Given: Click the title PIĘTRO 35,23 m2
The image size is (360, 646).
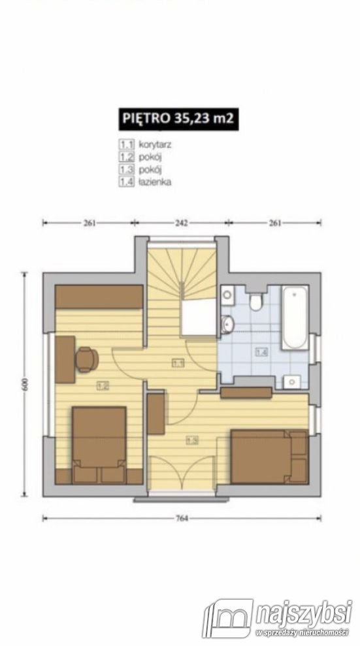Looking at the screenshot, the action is pyautogui.click(x=178, y=119).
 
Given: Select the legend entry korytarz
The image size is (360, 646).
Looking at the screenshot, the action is pyautogui.click(x=155, y=144).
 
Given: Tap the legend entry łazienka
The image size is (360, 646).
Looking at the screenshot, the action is pyautogui.click(x=155, y=182).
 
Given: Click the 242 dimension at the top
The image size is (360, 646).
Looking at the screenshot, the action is pyautogui.click(x=181, y=223).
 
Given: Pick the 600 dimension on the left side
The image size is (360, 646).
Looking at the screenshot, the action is pyautogui.click(x=25, y=384).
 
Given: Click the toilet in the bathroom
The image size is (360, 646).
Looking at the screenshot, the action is pyautogui.click(x=256, y=301).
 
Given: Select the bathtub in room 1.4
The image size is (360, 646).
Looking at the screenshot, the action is pyautogui.click(x=295, y=317).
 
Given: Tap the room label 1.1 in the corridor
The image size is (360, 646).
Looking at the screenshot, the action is pyautogui.click(x=178, y=363).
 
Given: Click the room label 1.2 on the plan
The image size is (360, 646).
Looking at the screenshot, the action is pyautogui.click(x=102, y=385).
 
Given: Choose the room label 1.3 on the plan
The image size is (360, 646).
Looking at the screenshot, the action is pyautogui.click(x=192, y=440).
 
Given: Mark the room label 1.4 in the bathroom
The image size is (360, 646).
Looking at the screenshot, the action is pyautogui.click(x=261, y=352).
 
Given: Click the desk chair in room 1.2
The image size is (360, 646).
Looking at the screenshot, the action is pyautogui.click(x=87, y=360).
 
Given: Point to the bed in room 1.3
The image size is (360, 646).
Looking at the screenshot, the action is pyautogui.click(x=269, y=457).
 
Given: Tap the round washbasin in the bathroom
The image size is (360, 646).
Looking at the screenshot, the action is pyautogui.click(x=226, y=324).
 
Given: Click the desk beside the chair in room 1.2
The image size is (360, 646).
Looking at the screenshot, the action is pyautogui.click(x=65, y=359).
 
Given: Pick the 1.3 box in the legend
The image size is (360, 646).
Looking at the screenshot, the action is pyautogui.click(x=127, y=169).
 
